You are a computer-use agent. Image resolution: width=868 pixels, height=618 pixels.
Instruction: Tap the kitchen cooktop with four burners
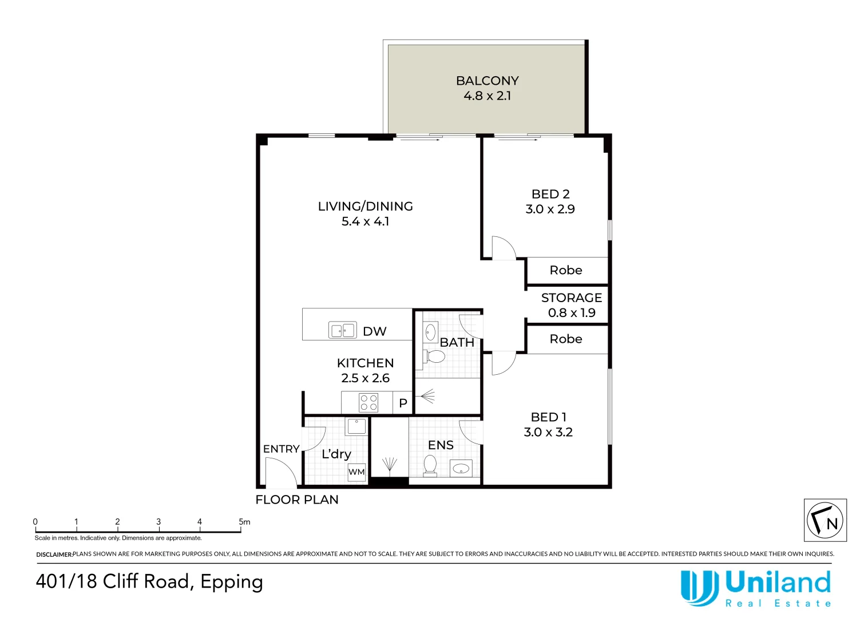[368, 402]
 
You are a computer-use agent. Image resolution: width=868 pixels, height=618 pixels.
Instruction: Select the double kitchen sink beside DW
[343, 331]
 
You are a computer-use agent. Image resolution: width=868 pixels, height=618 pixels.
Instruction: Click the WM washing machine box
[356, 472]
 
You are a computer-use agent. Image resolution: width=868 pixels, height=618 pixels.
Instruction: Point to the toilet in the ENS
[430, 466]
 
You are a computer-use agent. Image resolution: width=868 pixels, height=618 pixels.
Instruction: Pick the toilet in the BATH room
[433, 356]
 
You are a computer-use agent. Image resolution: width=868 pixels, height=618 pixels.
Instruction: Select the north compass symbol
[825, 520]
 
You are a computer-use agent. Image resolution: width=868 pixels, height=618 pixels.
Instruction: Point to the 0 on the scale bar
[35, 521]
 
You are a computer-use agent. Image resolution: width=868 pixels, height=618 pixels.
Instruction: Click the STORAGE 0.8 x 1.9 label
[572, 305]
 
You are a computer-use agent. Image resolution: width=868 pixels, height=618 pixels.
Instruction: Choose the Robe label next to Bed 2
[566, 270]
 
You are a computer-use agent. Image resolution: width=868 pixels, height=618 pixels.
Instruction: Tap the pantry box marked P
[403, 403]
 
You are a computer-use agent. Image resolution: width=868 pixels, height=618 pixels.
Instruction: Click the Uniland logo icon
[699, 588]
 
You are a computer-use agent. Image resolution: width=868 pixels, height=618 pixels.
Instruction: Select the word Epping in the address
[232, 583]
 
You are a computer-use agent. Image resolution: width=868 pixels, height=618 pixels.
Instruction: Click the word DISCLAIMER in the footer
[54, 554]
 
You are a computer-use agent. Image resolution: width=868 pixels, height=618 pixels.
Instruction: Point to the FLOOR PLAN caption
[297, 500]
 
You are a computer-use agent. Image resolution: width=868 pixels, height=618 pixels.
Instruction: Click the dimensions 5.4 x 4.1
[365, 221]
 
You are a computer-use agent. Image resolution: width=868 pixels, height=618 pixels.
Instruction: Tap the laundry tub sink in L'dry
[356, 426]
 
